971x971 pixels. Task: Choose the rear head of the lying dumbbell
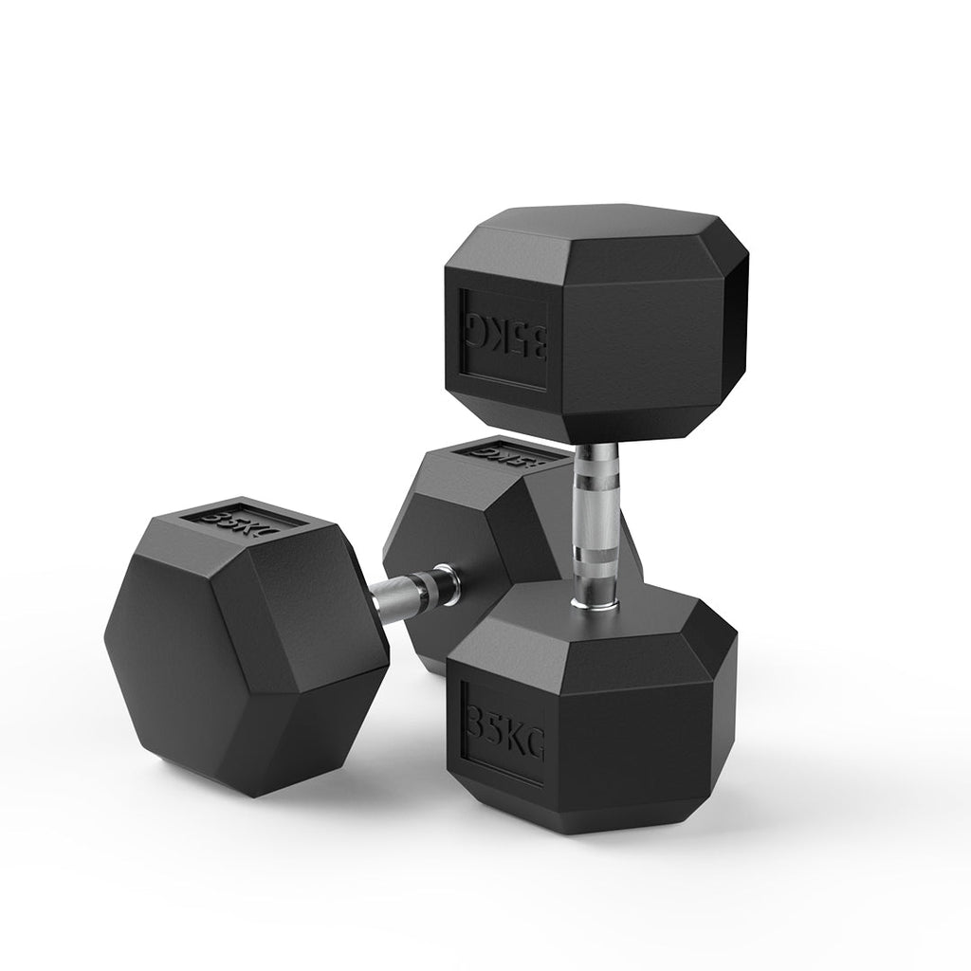(x=474, y=531)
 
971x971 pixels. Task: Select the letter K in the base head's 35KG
(x=516, y=740)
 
